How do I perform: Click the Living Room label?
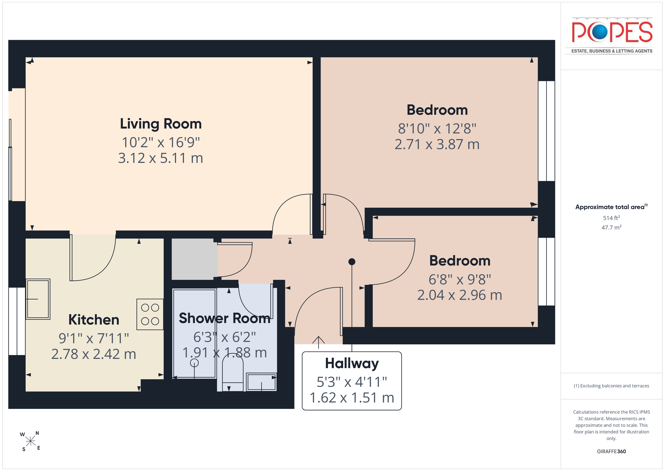[x=161, y=124]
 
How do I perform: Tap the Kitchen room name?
[x=94, y=319]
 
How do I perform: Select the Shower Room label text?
[x=224, y=318]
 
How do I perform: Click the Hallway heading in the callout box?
[x=352, y=364]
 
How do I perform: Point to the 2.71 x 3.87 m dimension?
[x=437, y=144]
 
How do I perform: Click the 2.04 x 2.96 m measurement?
[x=459, y=295]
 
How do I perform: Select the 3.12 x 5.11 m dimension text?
[x=160, y=158]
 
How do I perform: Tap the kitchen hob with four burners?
[x=150, y=314]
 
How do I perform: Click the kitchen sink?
[x=38, y=299]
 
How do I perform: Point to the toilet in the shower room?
[x=233, y=374]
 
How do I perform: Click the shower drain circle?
[x=194, y=363]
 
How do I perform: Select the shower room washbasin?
[x=261, y=382]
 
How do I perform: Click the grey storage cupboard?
[x=194, y=259]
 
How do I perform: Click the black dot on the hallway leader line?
[x=352, y=262]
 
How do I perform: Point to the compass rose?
[x=30, y=441]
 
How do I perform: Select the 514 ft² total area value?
[x=611, y=218]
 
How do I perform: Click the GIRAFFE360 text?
[x=611, y=451]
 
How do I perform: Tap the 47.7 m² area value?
[x=611, y=227]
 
